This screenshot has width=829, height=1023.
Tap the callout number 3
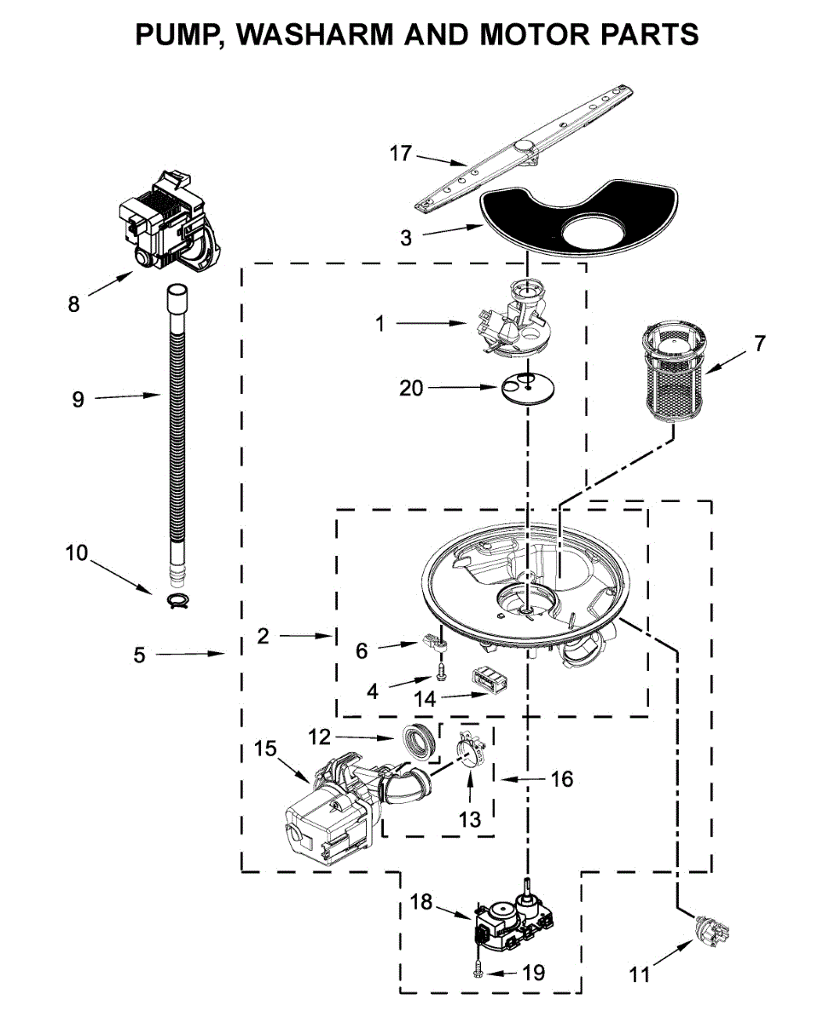pyautogui.click(x=406, y=239)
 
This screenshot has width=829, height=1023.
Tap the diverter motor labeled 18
pyautogui.click(x=512, y=921)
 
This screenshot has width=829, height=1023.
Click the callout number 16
pyautogui.click(x=562, y=778)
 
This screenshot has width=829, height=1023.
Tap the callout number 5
pyautogui.click(x=139, y=655)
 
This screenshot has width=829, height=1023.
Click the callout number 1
pyautogui.click(x=380, y=324)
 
